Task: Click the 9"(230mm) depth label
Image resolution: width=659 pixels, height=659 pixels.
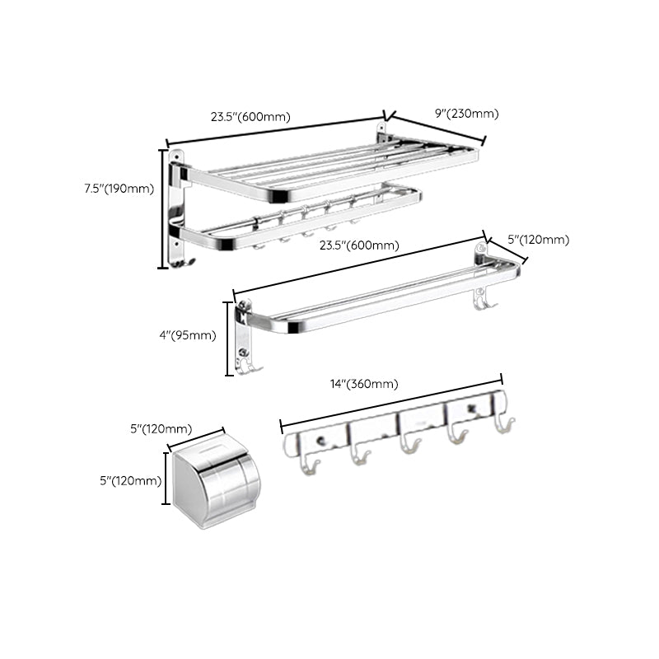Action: [467, 114]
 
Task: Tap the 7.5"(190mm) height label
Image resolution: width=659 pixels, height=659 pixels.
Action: [119, 189]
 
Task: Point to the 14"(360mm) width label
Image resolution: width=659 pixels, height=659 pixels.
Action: [363, 384]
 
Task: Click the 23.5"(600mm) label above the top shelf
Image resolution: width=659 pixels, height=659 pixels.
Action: [250, 117]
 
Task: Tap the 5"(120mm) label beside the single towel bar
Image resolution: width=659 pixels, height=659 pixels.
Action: [539, 240]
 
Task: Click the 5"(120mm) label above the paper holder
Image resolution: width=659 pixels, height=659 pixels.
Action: [161, 428]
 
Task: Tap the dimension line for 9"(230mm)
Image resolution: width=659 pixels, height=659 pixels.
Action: [437, 129]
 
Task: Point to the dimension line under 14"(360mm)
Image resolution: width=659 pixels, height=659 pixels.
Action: [391, 402]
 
